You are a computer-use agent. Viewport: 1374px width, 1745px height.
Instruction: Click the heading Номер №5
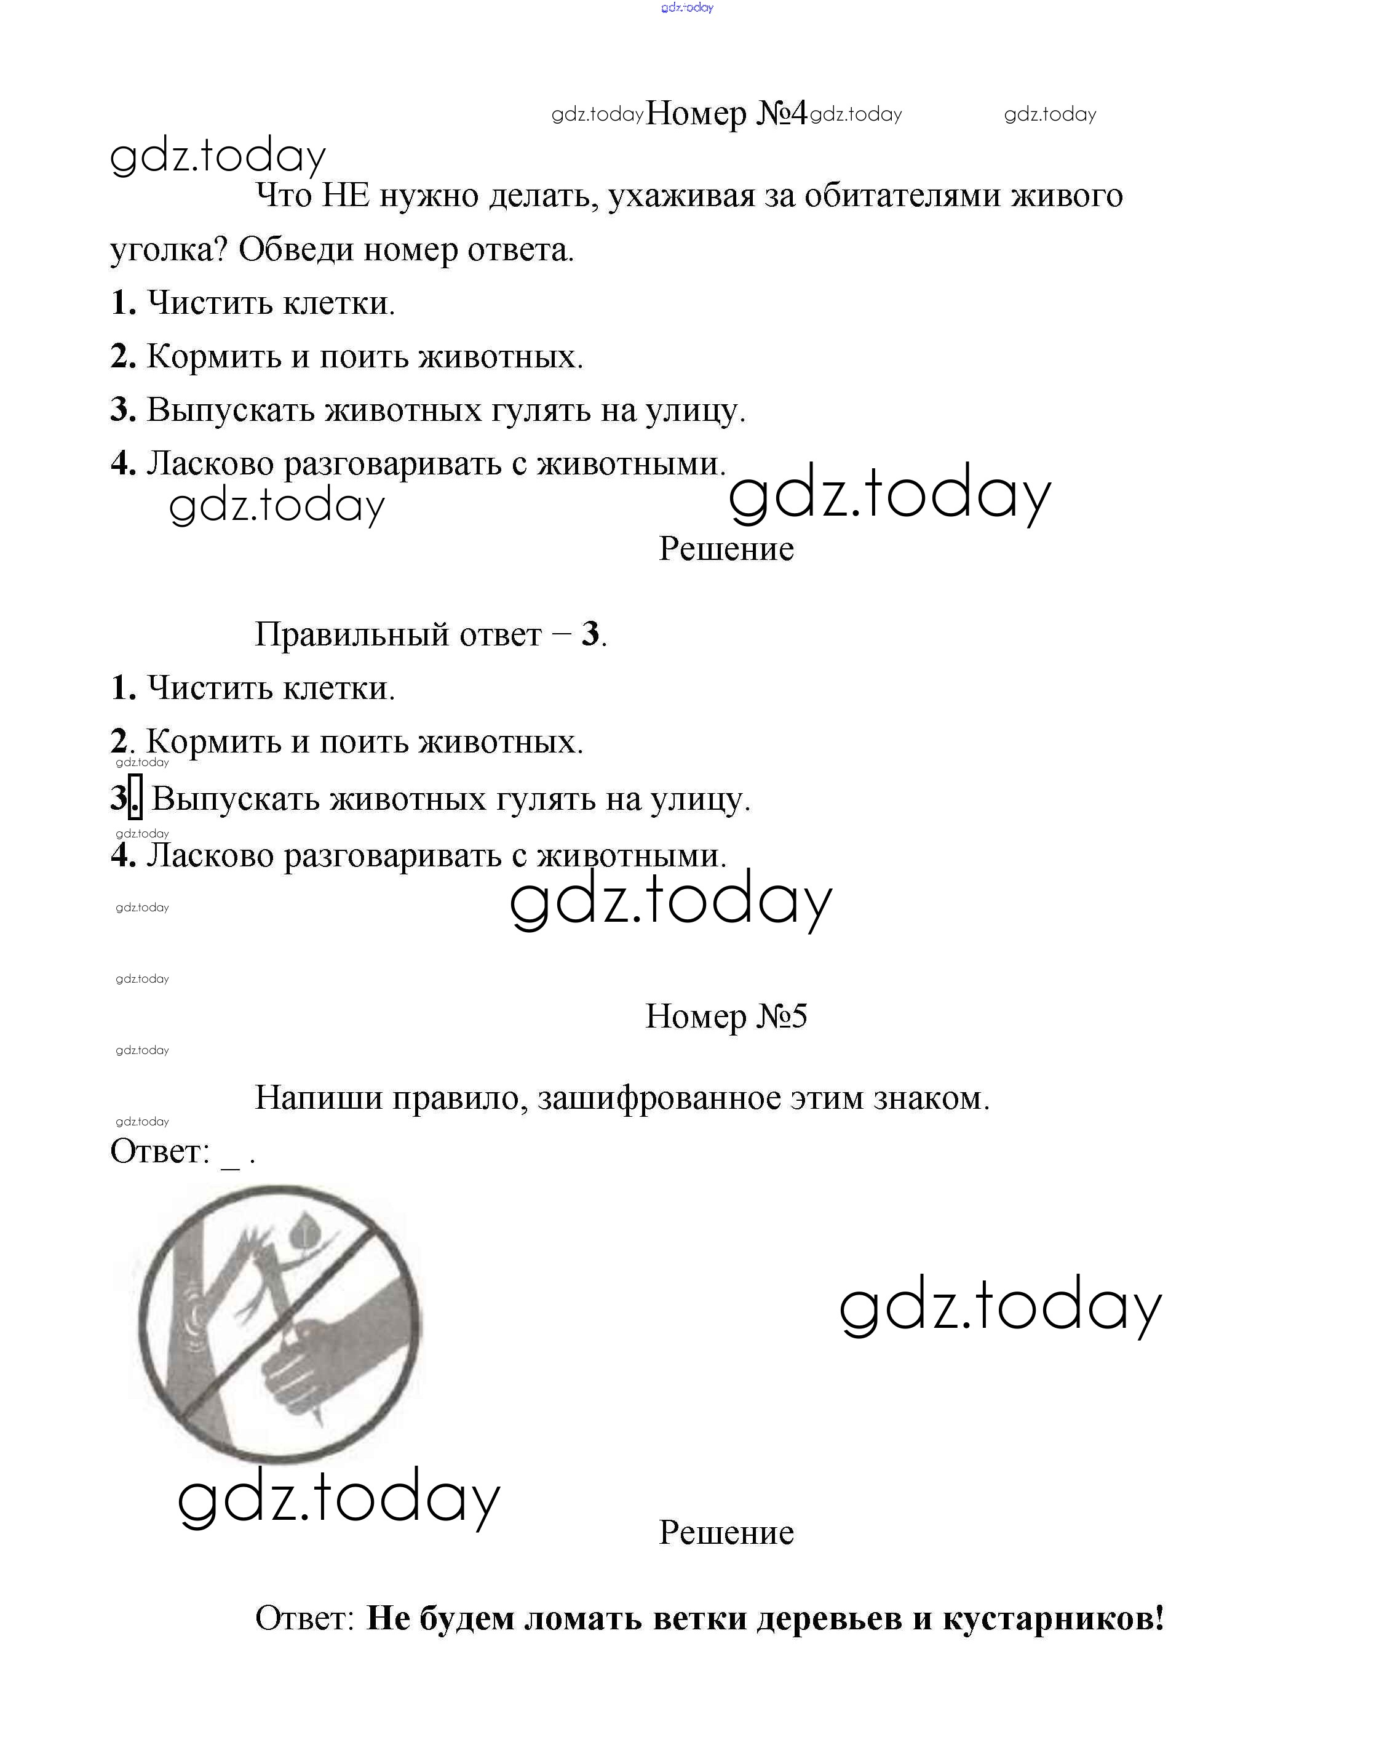coord(726,1016)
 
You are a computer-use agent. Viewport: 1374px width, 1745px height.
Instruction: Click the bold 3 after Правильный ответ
coord(590,634)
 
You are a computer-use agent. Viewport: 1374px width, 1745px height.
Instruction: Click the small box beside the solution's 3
coord(136,797)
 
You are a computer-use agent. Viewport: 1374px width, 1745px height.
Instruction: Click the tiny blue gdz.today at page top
coord(687,8)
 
